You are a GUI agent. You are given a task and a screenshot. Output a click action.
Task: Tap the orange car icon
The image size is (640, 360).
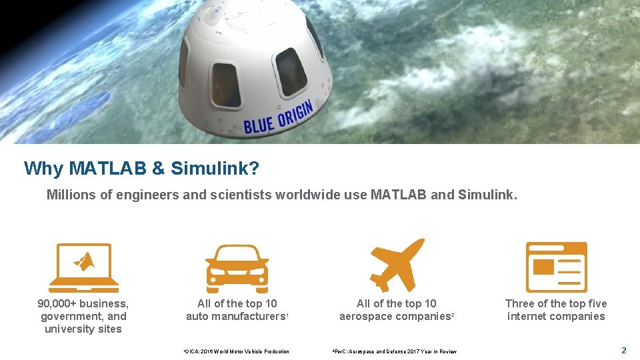[x=236, y=268]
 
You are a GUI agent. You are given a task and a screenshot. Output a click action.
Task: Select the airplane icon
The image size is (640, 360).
[x=397, y=264]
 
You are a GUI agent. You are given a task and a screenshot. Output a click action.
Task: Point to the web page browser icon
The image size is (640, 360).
[x=556, y=267]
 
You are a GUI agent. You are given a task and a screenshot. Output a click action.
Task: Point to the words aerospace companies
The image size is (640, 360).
[x=395, y=317]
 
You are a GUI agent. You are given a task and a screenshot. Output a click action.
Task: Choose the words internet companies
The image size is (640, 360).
[x=556, y=317]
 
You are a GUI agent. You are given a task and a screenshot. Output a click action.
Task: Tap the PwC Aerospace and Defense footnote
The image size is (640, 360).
[x=395, y=351]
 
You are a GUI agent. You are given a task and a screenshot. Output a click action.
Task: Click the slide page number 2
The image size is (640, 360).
[x=624, y=351]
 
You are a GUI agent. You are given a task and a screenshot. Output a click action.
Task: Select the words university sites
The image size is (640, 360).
[x=83, y=329]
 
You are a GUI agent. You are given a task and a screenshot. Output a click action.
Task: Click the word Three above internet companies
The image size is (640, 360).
[x=521, y=304]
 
